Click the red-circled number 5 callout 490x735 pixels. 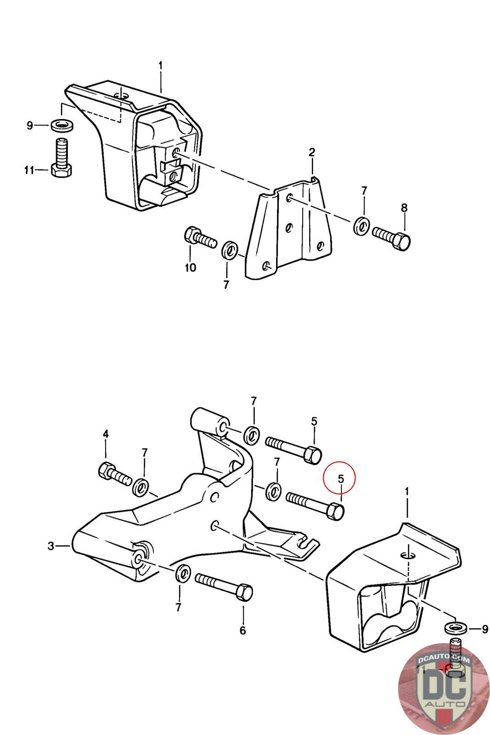click(x=341, y=479)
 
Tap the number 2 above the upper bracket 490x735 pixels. click(x=312, y=152)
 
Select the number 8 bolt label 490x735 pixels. click(x=404, y=208)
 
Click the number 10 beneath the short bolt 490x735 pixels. click(x=190, y=267)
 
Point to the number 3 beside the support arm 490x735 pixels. click(x=51, y=546)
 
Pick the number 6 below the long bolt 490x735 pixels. click(x=242, y=631)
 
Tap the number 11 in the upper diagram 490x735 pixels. click(x=29, y=170)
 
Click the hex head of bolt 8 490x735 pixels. click(x=402, y=241)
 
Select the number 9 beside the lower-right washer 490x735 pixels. click(x=485, y=629)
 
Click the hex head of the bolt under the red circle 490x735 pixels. click(x=337, y=511)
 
